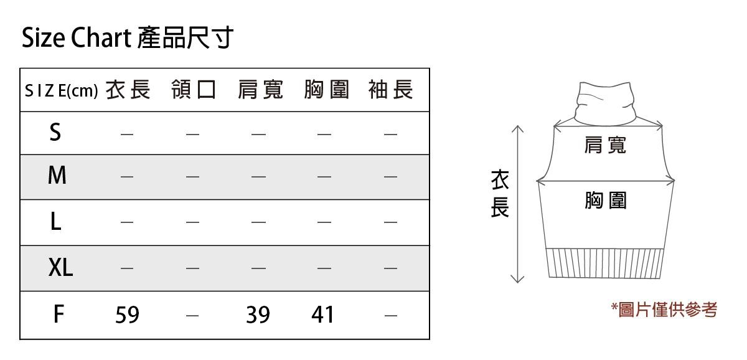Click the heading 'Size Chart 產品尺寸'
pyautogui.click(x=127, y=38)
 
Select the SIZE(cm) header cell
pyautogui.click(x=61, y=91)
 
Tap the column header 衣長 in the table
pyautogui.click(x=128, y=90)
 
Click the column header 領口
pyautogui.click(x=194, y=90)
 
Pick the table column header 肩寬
pyautogui.click(x=260, y=90)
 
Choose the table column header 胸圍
pyautogui.click(x=326, y=90)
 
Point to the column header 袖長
pyautogui.click(x=390, y=90)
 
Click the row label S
pyautogui.click(x=55, y=132)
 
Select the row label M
pyautogui.click(x=57, y=176)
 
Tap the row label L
pyautogui.click(x=55, y=221)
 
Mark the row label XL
pyautogui.click(x=60, y=268)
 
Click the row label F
pyautogui.click(x=58, y=315)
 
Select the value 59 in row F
pyautogui.click(x=127, y=315)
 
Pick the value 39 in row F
pyautogui.click(x=258, y=315)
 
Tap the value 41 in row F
pyautogui.click(x=323, y=315)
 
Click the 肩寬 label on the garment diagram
pyautogui.click(x=605, y=145)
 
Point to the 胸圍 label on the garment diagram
pyautogui.click(x=605, y=201)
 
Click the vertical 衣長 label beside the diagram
pyautogui.click(x=499, y=194)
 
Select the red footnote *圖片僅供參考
pyautogui.click(x=664, y=309)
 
